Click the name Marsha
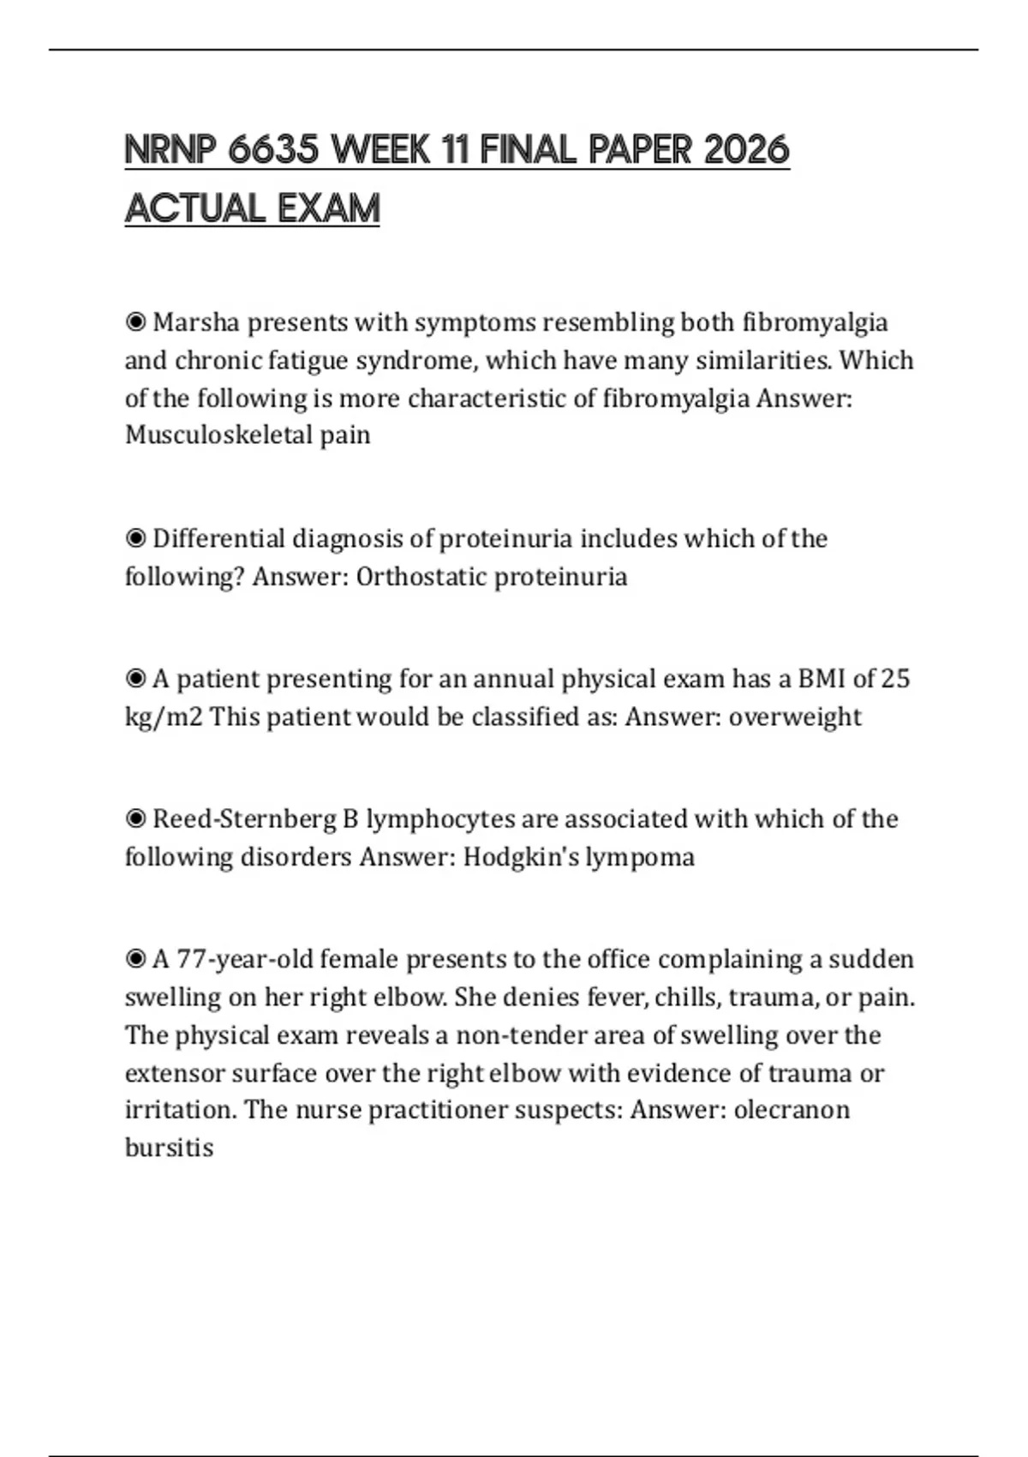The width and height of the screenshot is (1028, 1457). [195, 323]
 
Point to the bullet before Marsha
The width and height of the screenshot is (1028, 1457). [135, 323]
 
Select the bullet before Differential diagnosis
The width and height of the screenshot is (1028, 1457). [135, 539]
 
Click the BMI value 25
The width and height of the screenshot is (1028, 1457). [895, 679]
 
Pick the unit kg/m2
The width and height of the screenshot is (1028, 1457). [164, 717]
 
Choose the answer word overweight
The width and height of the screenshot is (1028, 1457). [795, 717]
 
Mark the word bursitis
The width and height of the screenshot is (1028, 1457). [169, 1148]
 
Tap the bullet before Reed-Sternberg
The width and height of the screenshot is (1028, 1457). [135, 819]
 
